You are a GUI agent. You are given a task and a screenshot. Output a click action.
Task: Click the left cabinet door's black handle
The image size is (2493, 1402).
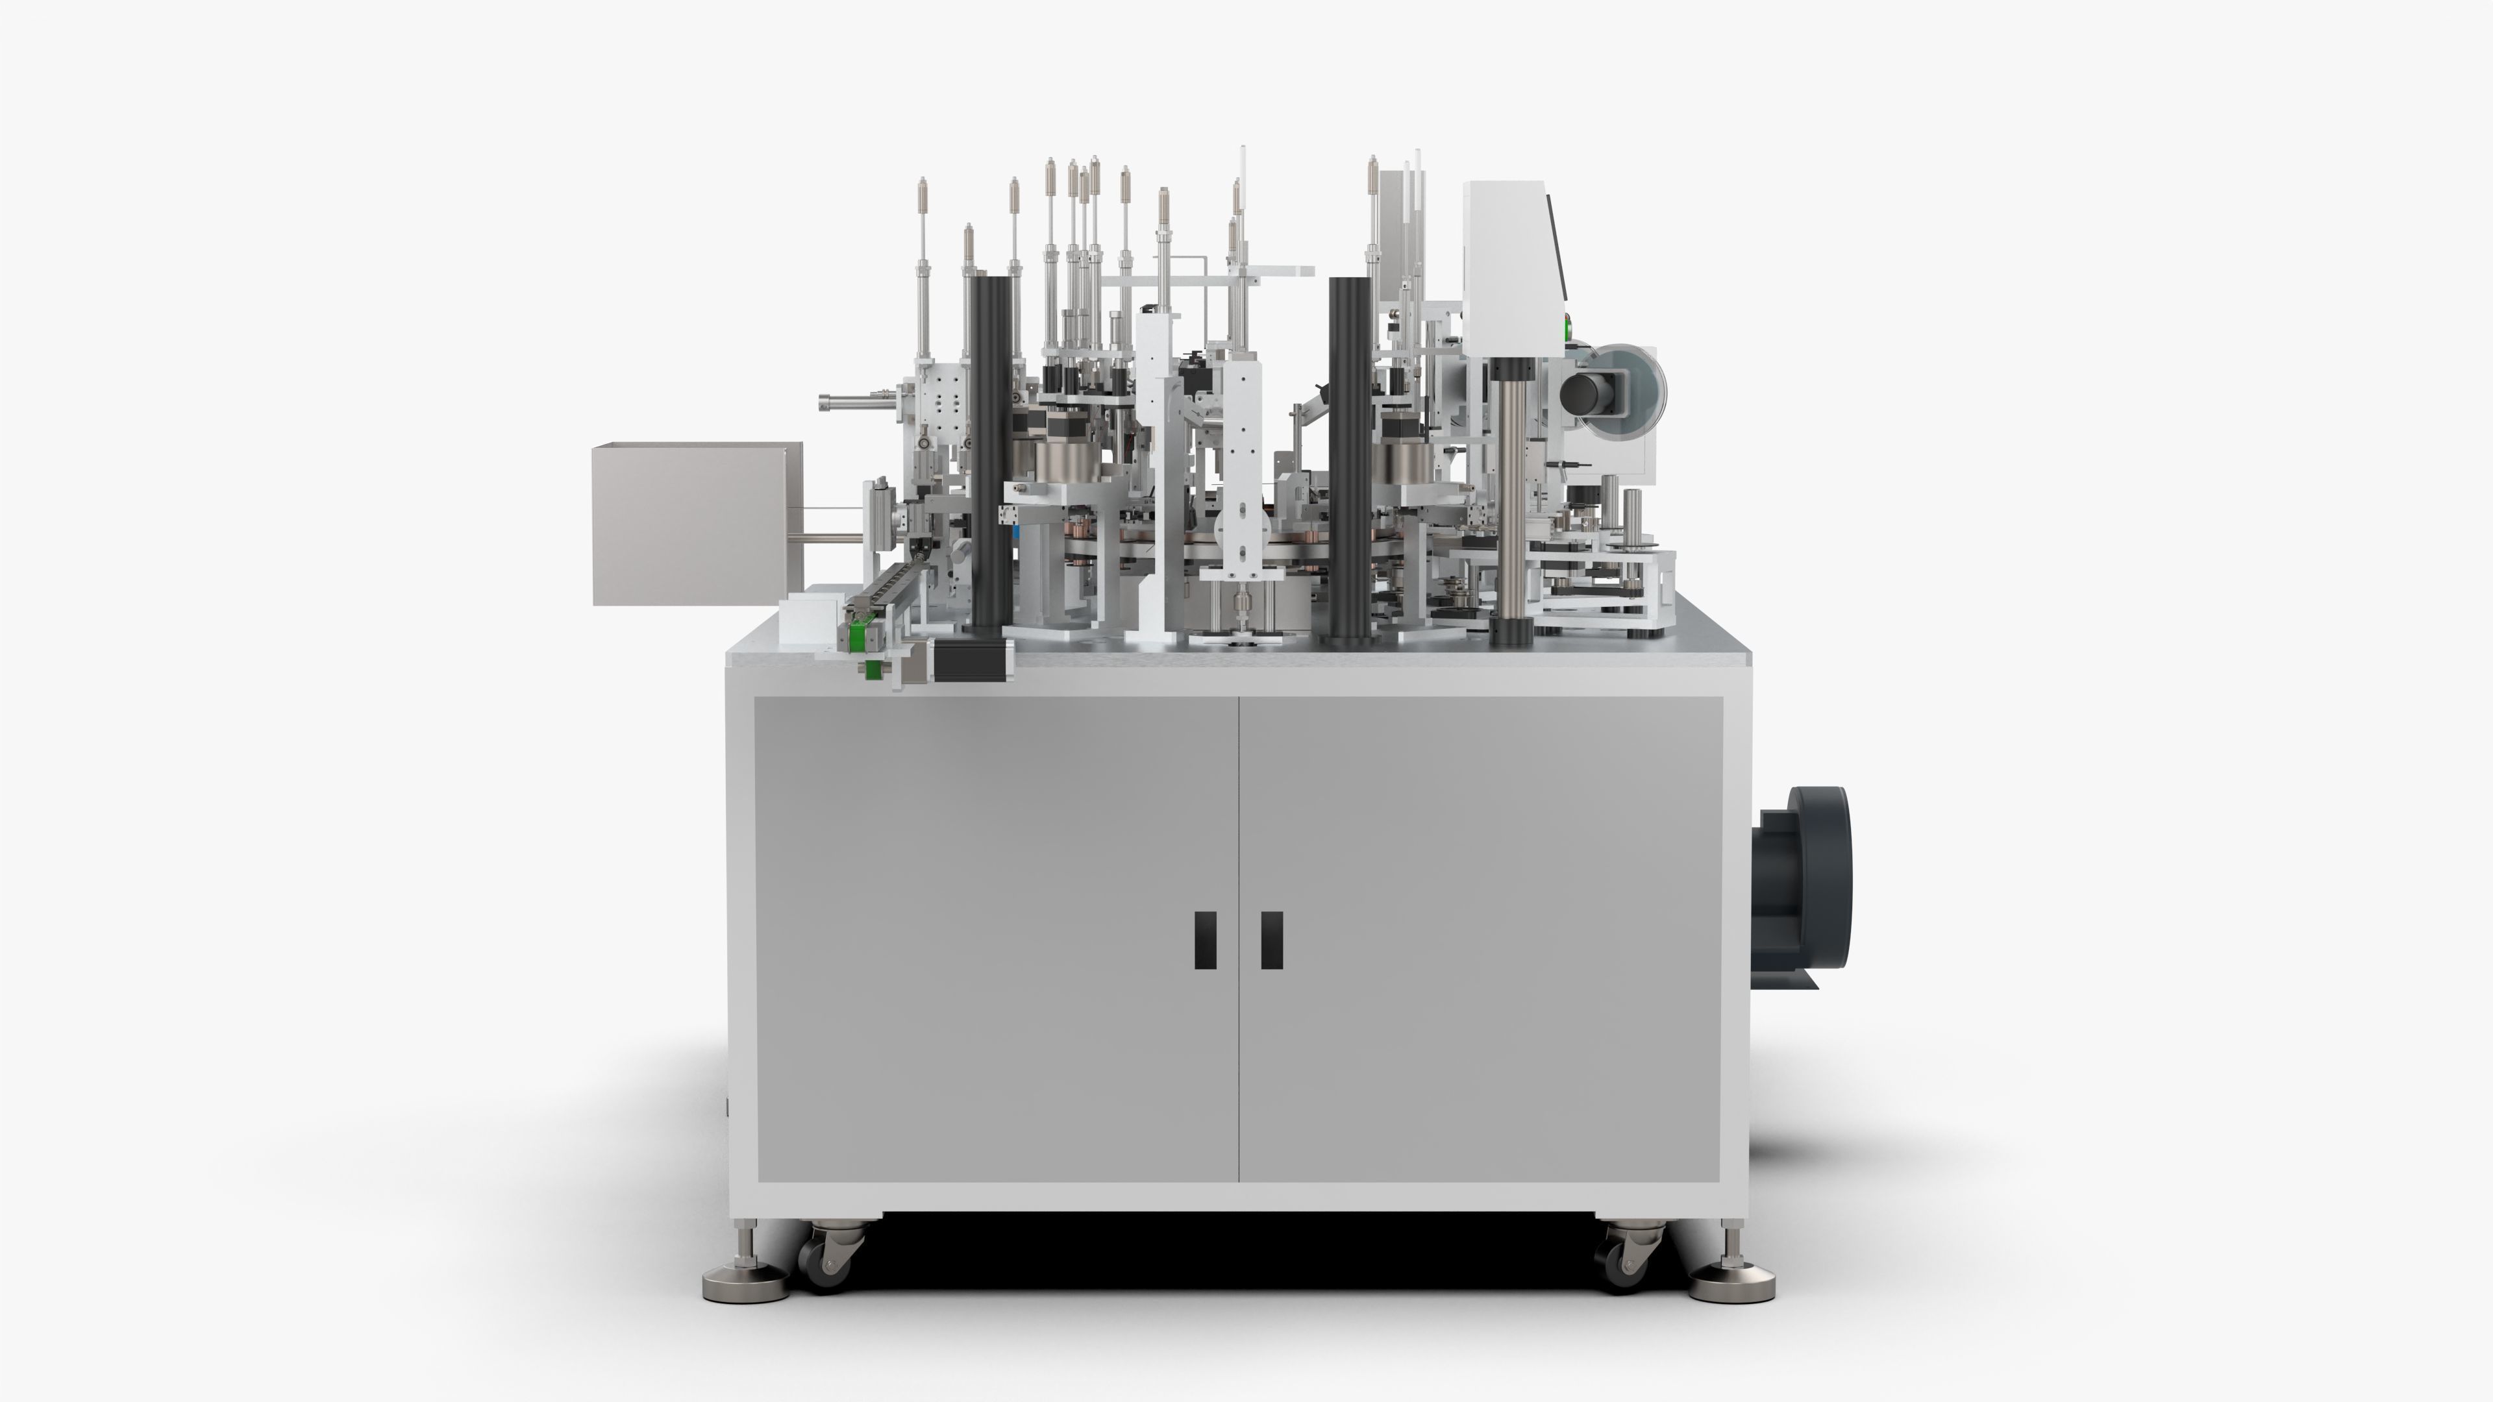(1206, 939)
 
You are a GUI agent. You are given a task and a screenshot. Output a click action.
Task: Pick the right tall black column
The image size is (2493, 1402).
(1351, 460)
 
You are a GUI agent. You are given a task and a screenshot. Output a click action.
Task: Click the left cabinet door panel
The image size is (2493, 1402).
(996, 939)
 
